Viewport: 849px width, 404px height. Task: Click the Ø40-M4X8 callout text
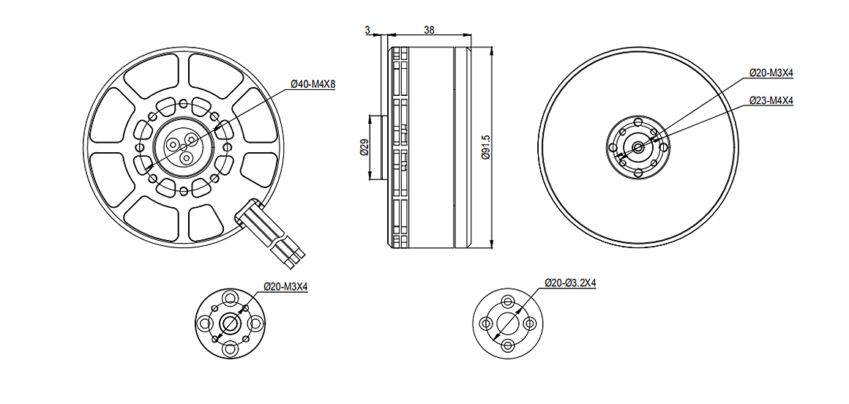[x=313, y=84]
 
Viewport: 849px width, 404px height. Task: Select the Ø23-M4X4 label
[x=771, y=101]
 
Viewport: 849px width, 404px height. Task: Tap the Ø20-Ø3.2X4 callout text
[x=570, y=283]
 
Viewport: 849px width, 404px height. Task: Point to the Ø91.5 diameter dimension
[x=486, y=147]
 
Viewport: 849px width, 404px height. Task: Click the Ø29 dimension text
[x=364, y=147]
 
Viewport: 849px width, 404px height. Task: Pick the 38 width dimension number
[x=429, y=30]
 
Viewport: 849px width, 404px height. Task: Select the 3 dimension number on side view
[x=367, y=30]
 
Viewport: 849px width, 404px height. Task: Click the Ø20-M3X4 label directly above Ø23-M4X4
[x=771, y=72]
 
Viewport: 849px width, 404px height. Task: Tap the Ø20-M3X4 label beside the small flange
[x=285, y=286]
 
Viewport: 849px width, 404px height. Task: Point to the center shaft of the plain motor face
[x=638, y=146]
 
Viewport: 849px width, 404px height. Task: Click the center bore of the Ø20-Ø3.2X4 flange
[x=508, y=323]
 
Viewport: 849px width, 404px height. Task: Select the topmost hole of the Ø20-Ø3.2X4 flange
[x=508, y=302]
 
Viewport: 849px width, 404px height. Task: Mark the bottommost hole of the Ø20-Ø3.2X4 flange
[x=508, y=345]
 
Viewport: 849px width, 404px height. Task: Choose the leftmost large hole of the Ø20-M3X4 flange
[x=205, y=323]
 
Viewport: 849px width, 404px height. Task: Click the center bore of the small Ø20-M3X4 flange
[x=230, y=323]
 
